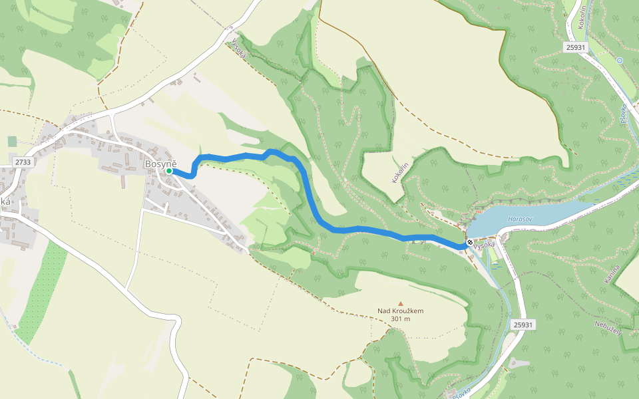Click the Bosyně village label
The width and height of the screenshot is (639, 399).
160,163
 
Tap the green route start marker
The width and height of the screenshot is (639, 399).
169,171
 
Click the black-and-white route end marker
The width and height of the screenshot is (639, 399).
470,242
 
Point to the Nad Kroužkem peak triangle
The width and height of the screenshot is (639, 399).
401,303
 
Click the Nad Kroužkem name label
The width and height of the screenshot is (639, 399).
400,311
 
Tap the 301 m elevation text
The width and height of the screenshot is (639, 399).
400,319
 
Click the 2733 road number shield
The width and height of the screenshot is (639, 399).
22,162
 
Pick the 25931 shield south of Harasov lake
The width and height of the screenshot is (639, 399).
523,325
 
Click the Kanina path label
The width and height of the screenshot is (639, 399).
613,275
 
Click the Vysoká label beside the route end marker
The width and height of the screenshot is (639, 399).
486,245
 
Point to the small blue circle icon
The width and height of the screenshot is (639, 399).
619,61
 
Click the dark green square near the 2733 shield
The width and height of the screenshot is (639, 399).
12,141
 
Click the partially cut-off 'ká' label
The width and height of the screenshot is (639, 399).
5,201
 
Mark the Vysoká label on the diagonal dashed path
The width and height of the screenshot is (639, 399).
239,48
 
